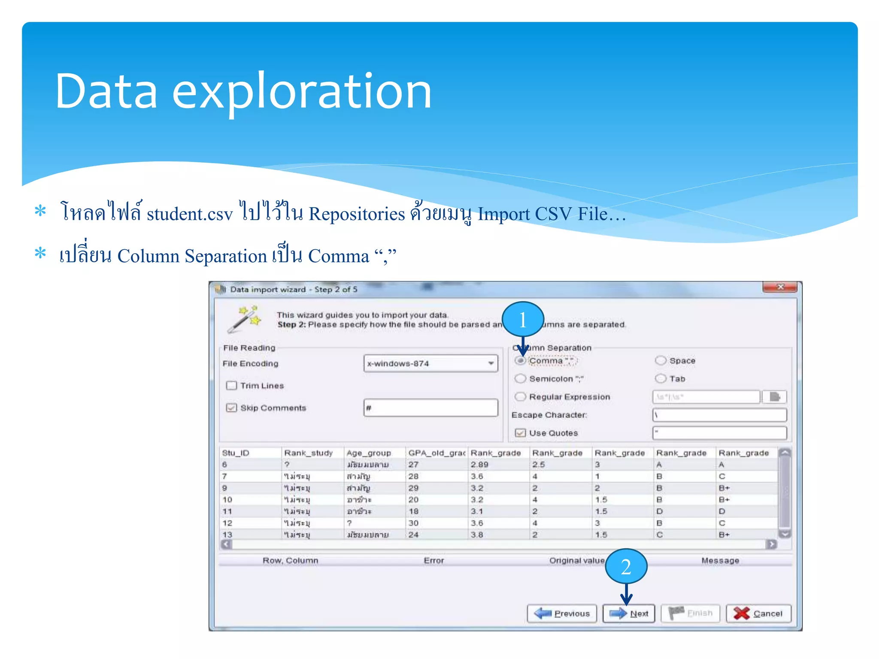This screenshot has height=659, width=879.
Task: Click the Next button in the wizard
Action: (628, 613)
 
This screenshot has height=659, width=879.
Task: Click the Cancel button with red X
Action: (758, 613)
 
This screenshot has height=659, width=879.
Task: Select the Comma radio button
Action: (520, 361)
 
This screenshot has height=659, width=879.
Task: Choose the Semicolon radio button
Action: (520, 378)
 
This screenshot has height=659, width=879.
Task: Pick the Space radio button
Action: (661, 360)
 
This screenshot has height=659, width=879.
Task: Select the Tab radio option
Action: (661, 378)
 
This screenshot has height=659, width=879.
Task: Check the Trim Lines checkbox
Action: (231, 385)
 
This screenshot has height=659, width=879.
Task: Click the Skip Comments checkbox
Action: (231, 408)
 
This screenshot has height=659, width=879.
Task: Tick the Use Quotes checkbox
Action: (520, 432)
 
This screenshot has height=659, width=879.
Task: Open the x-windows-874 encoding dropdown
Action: (491, 363)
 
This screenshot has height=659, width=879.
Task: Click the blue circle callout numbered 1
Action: (523, 319)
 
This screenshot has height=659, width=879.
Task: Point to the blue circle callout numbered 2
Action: (626, 566)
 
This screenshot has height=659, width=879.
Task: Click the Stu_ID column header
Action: (236, 453)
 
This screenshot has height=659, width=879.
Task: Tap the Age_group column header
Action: (369, 453)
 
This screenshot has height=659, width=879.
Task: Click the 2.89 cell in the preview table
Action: (479, 465)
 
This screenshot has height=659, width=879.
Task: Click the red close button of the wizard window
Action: (779, 287)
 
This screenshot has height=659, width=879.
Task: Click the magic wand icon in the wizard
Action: (244, 319)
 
